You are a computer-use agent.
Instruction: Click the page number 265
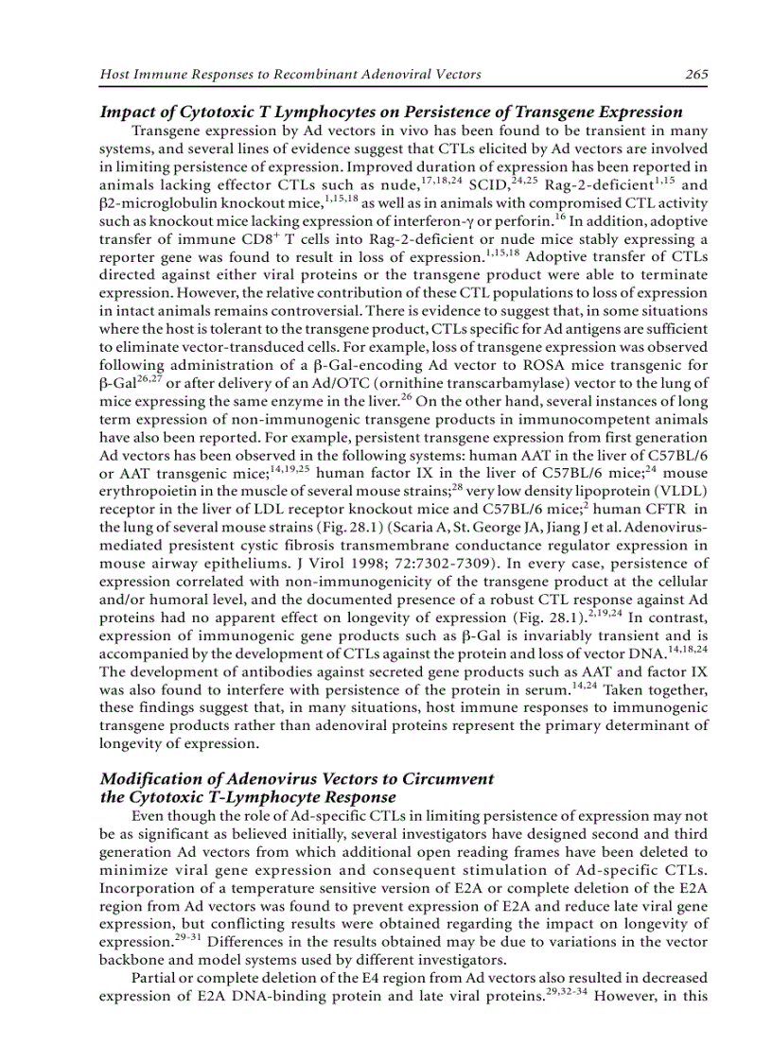(696, 75)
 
